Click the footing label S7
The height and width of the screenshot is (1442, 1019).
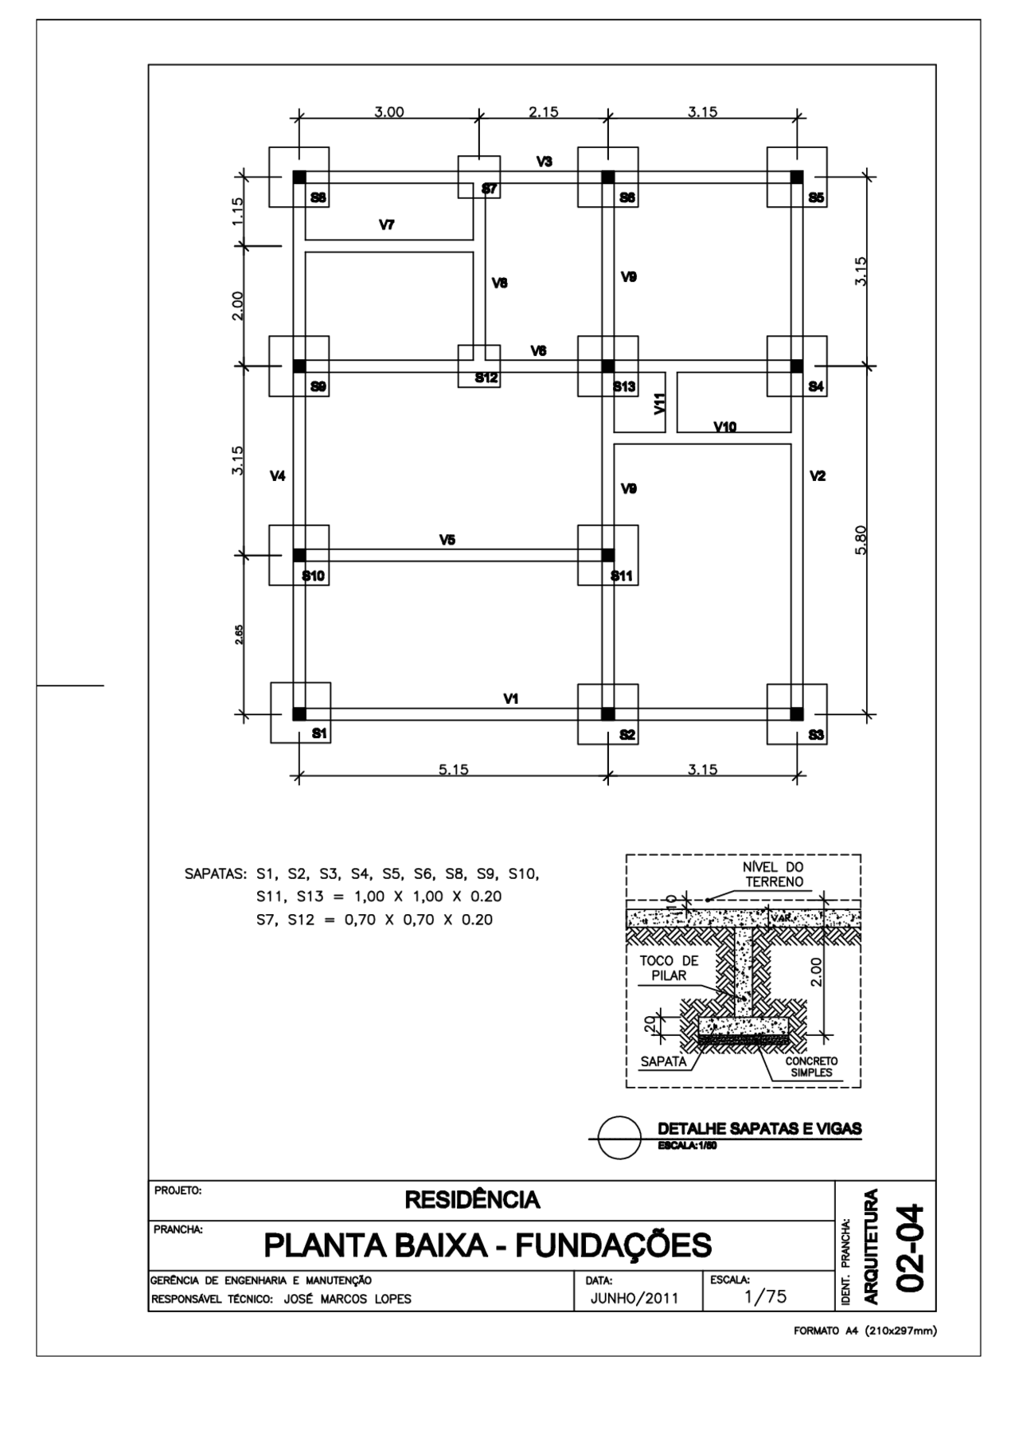[x=490, y=189]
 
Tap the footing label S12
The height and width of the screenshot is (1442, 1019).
[x=486, y=377]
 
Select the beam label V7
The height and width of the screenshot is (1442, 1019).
[x=387, y=225]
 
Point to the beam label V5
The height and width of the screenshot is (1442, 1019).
[x=447, y=540]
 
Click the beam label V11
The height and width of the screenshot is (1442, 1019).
[x=659, y=404]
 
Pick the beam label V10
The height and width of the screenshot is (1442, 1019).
[x=725, y=427]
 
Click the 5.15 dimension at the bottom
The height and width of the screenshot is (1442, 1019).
[x=454, y=769]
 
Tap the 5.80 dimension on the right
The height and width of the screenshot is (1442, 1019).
[x=860, y=541]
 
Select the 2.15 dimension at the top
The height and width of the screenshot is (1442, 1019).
[x=544, y=112]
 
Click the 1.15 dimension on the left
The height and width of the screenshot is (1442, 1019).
[x=238, y=212]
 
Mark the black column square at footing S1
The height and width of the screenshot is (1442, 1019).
[x=299, y=713]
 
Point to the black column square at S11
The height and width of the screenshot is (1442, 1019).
[x=607, y=554]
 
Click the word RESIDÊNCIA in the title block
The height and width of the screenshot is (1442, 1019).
[x=473, y=1200]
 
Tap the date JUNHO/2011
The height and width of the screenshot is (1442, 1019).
[x=634, y=1298]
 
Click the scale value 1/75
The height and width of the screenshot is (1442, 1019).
[x=765, y=1296]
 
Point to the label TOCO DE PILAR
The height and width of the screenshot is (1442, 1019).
[x=669, y=968]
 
